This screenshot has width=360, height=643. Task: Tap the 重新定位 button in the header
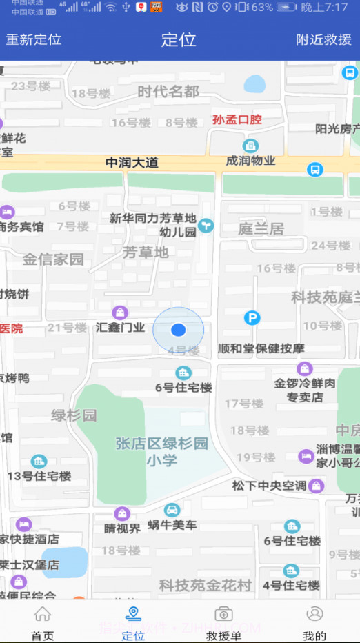[x=34, y=39]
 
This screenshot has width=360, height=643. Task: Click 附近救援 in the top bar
[x=324, y=39]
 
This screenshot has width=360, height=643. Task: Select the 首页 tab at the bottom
[x=43, y=623]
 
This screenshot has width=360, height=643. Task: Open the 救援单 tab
[x=223, y=623]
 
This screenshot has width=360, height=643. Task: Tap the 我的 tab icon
[x=314, y=614]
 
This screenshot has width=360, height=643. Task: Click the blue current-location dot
[x=179, y=330]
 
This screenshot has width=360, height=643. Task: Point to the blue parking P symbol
[x=252, y=318]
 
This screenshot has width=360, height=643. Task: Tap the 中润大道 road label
[x=132, y=163]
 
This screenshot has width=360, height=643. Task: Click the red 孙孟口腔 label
[x=237, y=119]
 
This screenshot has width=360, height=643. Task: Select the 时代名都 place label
[x=168, y=92]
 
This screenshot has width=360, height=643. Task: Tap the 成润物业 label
[x=251, y=161]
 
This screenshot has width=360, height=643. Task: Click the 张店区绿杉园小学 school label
[x=162, y=451]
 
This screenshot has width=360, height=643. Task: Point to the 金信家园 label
[x=53, y=259]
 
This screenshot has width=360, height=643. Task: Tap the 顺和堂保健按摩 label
[x=260, y=348]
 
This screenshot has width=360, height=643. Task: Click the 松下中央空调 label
[x=269, y=486]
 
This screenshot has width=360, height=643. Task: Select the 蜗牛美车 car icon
[x=172, y=511]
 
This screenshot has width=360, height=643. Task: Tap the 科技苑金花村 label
[x=205, y=585]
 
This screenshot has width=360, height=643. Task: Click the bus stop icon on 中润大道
[x=315, y=169]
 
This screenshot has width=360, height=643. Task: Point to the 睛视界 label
[x=122, y=528]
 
